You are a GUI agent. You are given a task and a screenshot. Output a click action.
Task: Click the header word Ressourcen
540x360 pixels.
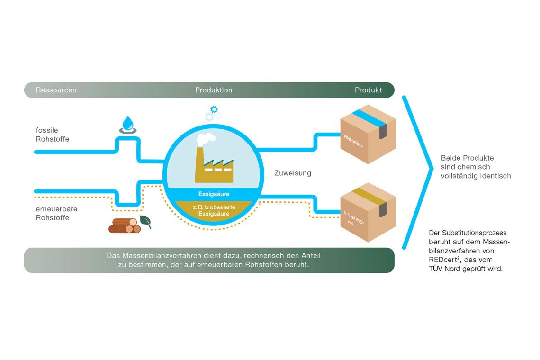tap(56, 90)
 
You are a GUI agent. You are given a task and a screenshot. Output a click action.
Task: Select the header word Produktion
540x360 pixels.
tap(214, 90)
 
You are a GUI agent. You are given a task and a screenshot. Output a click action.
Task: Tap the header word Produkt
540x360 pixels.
tap(368, 90)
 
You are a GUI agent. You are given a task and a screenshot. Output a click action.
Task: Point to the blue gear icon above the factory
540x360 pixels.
tap(214, 109)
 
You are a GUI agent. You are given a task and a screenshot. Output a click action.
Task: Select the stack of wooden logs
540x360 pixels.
tap(124, 225)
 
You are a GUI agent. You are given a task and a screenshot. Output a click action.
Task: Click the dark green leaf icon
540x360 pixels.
tap(145, 222)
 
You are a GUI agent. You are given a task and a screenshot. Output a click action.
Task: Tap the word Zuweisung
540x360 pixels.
tap(293, 173)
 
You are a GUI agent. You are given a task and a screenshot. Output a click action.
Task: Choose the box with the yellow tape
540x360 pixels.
tap(368, 212)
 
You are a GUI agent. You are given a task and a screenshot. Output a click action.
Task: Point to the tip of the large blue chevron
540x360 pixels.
tap(432, 168)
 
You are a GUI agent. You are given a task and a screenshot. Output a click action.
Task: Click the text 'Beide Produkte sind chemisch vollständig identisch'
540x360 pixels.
tap(476, 167)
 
